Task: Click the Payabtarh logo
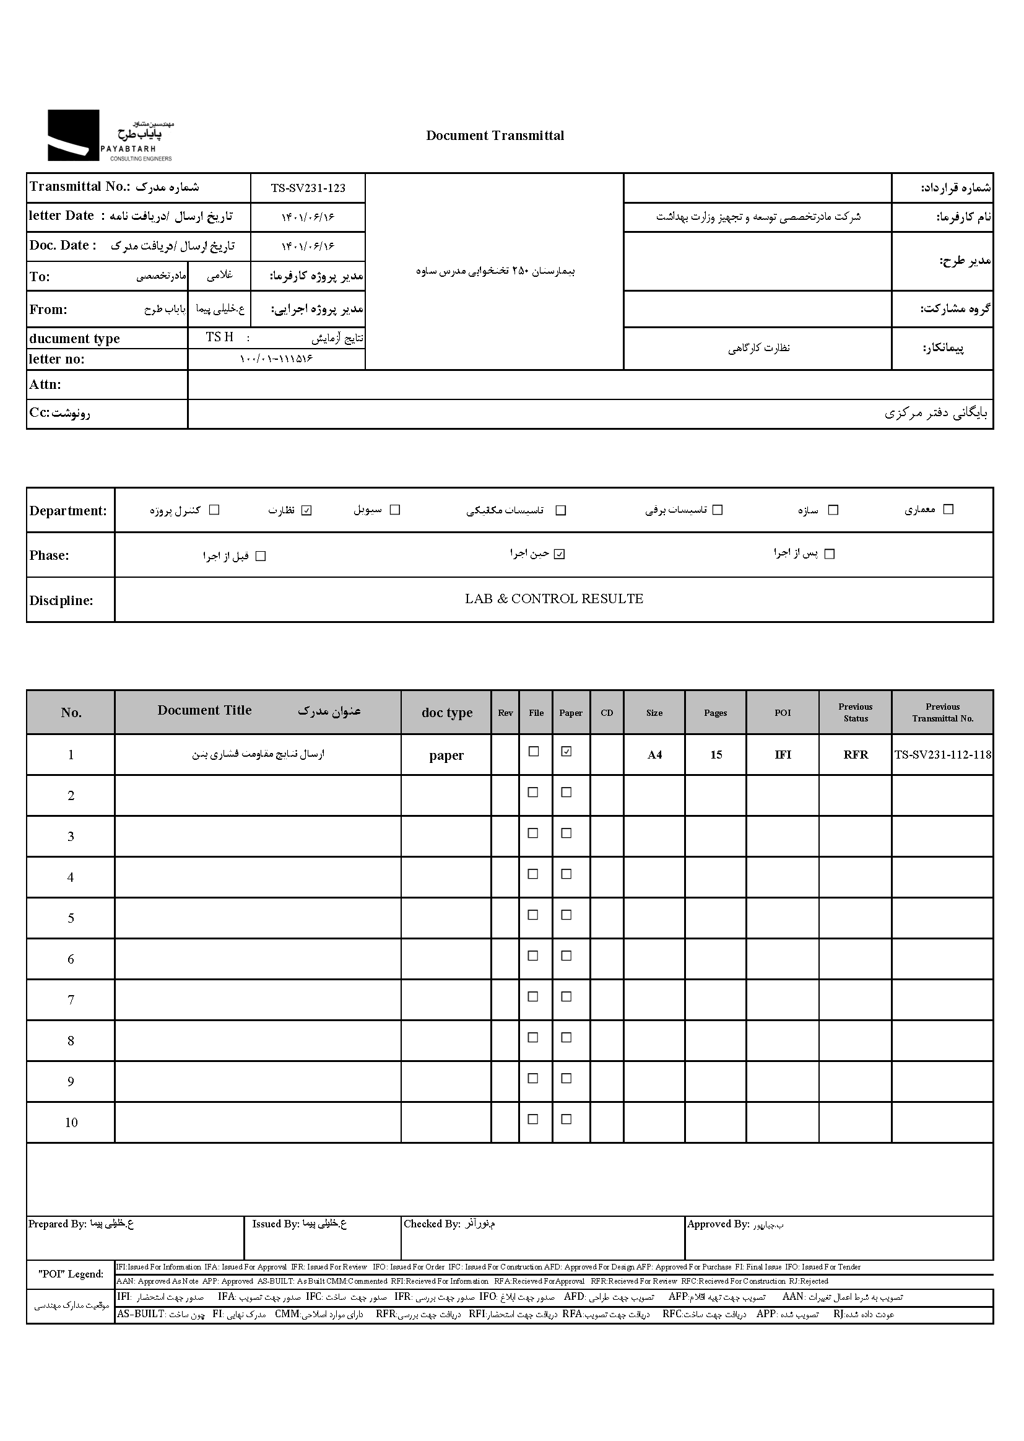click(x=110, y=136)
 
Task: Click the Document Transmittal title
click(x=495, y=136)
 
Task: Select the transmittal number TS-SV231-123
click(x=308, y=188)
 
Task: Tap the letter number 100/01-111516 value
click(x=276, y=359)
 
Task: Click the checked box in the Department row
click(x=306, y=510)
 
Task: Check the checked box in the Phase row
click(x=559, y=554)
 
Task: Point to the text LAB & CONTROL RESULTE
click(x=553, y=599)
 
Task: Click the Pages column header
click(x=715, y=713)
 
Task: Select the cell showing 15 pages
click(x=716, y=755)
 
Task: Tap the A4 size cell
click(x=654, y=755)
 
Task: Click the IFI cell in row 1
click(x=783, y=755)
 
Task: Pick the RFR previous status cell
click(x=856, y=755)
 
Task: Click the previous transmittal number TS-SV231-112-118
click(x=943, y=755)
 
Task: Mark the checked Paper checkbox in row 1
click(x=566, y=752)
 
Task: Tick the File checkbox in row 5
click(x=534, y=915)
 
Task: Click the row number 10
click(x=71, y=1123)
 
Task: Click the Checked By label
click(x=432, y=1224)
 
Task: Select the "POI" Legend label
click(x=71, y=1274)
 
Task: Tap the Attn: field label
click(x=45, y=385)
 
